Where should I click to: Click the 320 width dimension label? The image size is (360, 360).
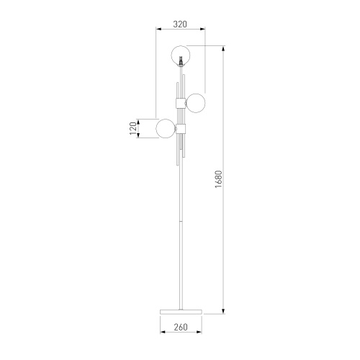click(180, 24)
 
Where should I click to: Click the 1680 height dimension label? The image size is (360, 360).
click(219, 179)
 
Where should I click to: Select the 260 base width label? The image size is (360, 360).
click(181, 327)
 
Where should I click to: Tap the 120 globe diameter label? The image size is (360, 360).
click(133, 128)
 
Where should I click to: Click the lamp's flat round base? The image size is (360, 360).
click(181, 312)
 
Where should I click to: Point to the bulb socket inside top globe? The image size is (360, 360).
click(181, 60)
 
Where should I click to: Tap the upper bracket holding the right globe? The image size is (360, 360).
click(181, 103)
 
